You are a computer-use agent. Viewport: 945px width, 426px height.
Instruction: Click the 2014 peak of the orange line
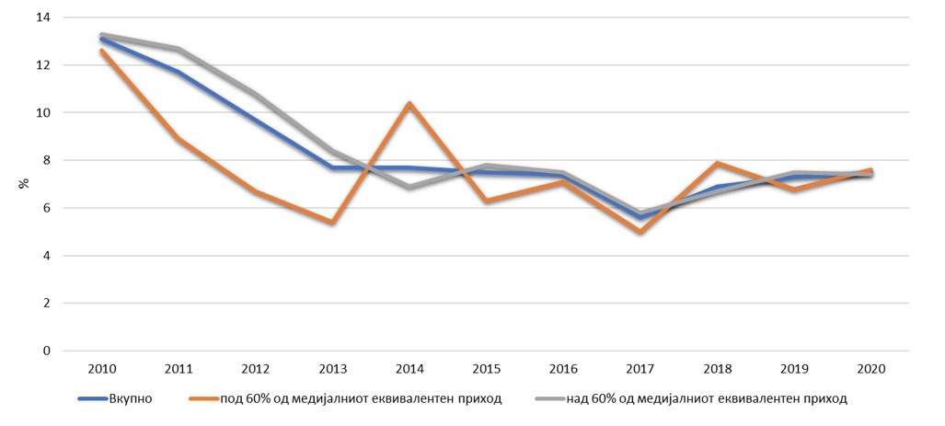409,103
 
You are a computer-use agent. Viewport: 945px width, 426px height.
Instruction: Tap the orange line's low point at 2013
331,222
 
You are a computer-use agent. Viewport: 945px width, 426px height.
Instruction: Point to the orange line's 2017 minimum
640,232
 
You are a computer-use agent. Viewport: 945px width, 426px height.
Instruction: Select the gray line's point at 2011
178,49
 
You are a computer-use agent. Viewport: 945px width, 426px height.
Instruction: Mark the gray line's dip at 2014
409,187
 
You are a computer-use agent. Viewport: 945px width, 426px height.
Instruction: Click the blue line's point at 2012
255,121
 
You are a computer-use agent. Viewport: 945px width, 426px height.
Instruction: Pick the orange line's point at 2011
178,139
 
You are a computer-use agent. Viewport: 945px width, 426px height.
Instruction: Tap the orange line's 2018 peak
717,163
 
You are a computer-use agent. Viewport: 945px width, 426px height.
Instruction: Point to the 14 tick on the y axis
42,17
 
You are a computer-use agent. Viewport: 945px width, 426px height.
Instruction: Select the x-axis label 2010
100,369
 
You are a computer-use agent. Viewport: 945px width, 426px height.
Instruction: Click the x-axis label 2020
870,369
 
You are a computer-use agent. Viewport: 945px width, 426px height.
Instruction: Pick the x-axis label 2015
486,369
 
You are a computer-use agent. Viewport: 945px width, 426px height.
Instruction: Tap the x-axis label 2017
640,369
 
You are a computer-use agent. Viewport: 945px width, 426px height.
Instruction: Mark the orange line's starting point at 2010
100,51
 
